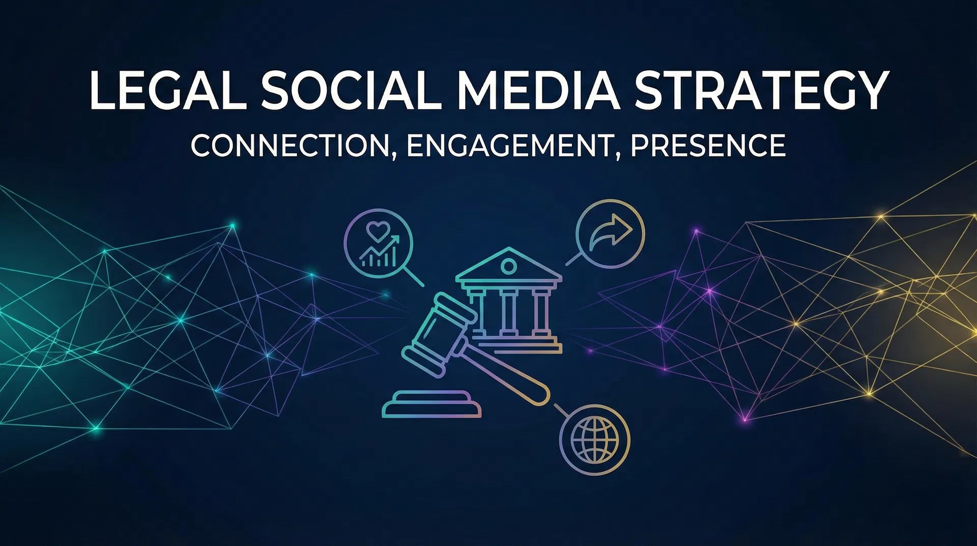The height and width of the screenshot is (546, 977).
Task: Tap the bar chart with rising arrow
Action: pos(379,253)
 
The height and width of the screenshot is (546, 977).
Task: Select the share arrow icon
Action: pos(610,233)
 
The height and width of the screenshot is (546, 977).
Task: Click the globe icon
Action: pos(594,440)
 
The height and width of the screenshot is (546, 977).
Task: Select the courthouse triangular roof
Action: pos(508,265)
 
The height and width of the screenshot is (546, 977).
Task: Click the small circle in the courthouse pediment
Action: pos(508,265)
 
